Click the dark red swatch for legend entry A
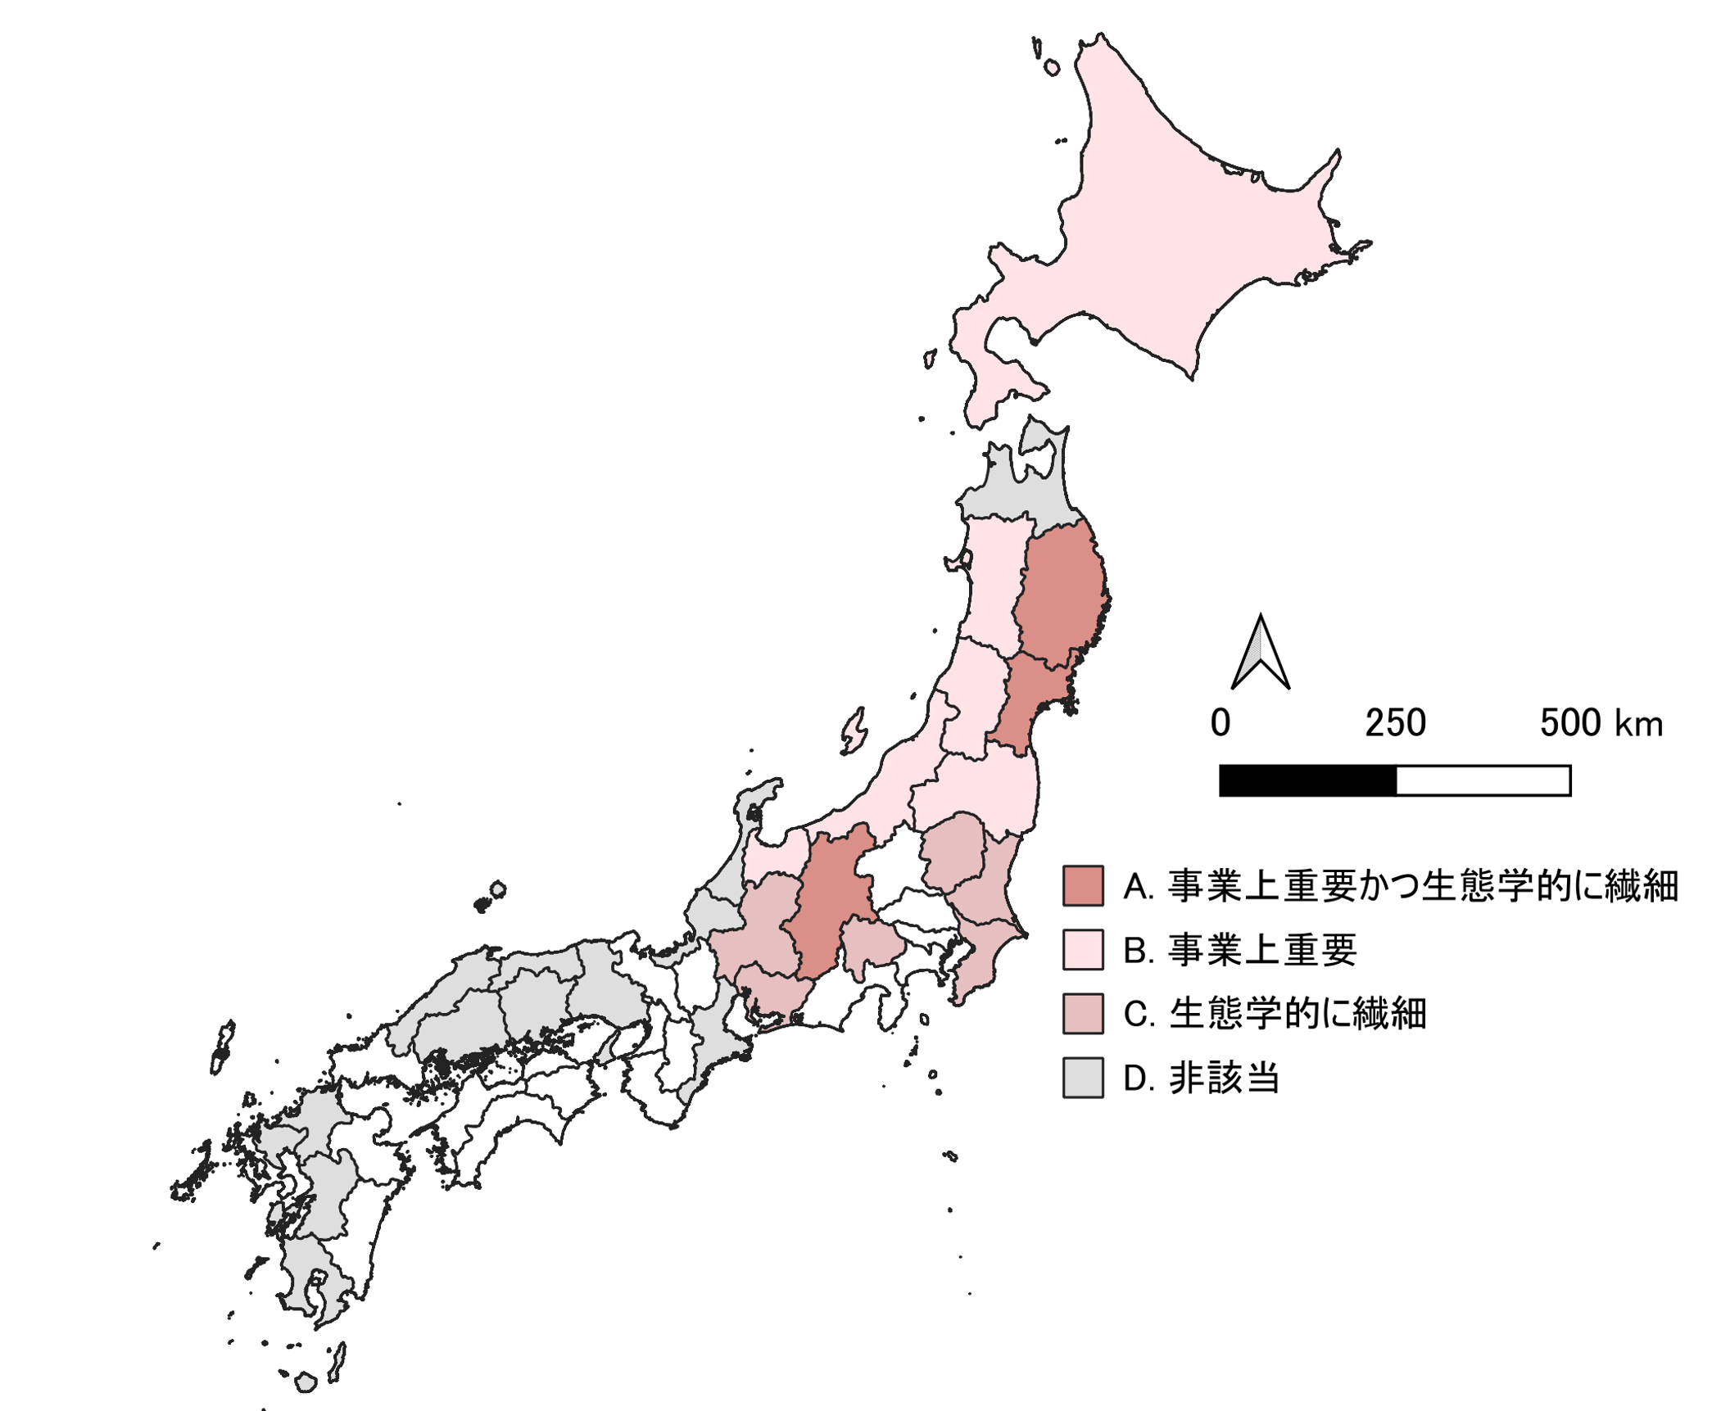coord(1082,885)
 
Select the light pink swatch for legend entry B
coord(1082,949)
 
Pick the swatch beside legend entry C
coord(1082,1013)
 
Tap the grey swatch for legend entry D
coord(1082,1077)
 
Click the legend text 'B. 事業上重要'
coord(1239,950)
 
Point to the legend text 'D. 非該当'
coord(1200,1078)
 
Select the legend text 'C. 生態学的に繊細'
coord(1275,1014)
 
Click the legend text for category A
coord(1400,886)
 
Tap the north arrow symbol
coord(1260,655)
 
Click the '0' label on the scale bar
coord(1220,723)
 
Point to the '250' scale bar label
coord(1395,723)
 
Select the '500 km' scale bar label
coord(1601,723)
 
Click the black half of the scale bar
coord(1307,780)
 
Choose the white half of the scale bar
coord(1483,780)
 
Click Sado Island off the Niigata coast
coord(854,730)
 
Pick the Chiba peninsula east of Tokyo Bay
coord(979,958)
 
